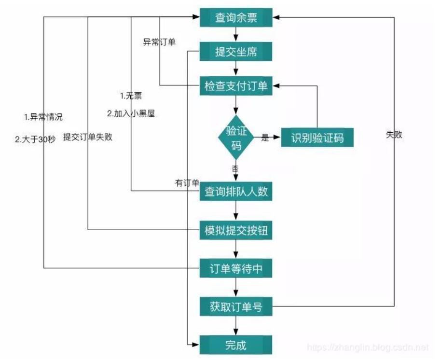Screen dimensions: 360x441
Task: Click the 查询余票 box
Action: (236, 18)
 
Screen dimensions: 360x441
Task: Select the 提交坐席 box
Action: (236, 51)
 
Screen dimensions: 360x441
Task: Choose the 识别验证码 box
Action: (317, 138)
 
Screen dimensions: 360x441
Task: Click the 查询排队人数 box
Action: (236, 192)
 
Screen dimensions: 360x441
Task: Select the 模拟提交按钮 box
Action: (236, 231)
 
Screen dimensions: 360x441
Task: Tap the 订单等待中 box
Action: (236, 268)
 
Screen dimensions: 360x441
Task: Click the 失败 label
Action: (394, 135)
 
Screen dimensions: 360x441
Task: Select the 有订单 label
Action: (187, 183)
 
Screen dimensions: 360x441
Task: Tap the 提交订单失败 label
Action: (88, 137)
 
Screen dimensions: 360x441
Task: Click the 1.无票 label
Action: (131, 96)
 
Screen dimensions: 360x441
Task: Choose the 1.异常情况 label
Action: (43, 117)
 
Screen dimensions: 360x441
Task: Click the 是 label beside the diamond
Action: (264, 138)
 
